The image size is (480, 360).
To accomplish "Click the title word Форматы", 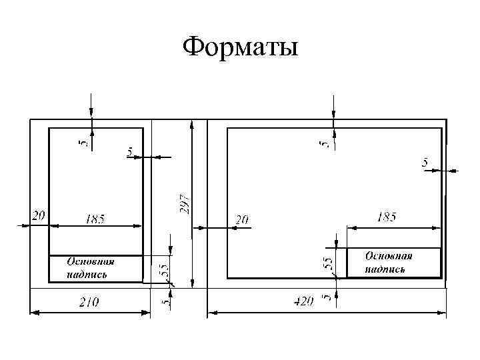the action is (240, 47).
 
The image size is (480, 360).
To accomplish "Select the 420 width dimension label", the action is (303, 301).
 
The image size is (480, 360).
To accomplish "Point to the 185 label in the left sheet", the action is (95, 219).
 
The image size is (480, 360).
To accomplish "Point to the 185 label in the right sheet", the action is (387, 217).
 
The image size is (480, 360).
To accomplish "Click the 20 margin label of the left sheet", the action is (38, 215).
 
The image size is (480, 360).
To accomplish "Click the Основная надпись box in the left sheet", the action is (95, 269).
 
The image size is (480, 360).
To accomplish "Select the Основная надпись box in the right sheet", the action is (393, 263).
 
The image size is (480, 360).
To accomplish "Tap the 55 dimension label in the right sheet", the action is (328, 264).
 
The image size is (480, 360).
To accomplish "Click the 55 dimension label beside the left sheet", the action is (163, 270).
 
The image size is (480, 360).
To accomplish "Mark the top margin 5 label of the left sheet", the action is (83, 143).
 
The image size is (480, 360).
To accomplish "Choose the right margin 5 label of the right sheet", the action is (425, 162).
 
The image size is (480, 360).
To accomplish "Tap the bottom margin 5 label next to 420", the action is (327, 298).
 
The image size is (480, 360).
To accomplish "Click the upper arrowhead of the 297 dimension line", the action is (192, 125).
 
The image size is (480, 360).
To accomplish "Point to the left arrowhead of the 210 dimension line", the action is (33, 311).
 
